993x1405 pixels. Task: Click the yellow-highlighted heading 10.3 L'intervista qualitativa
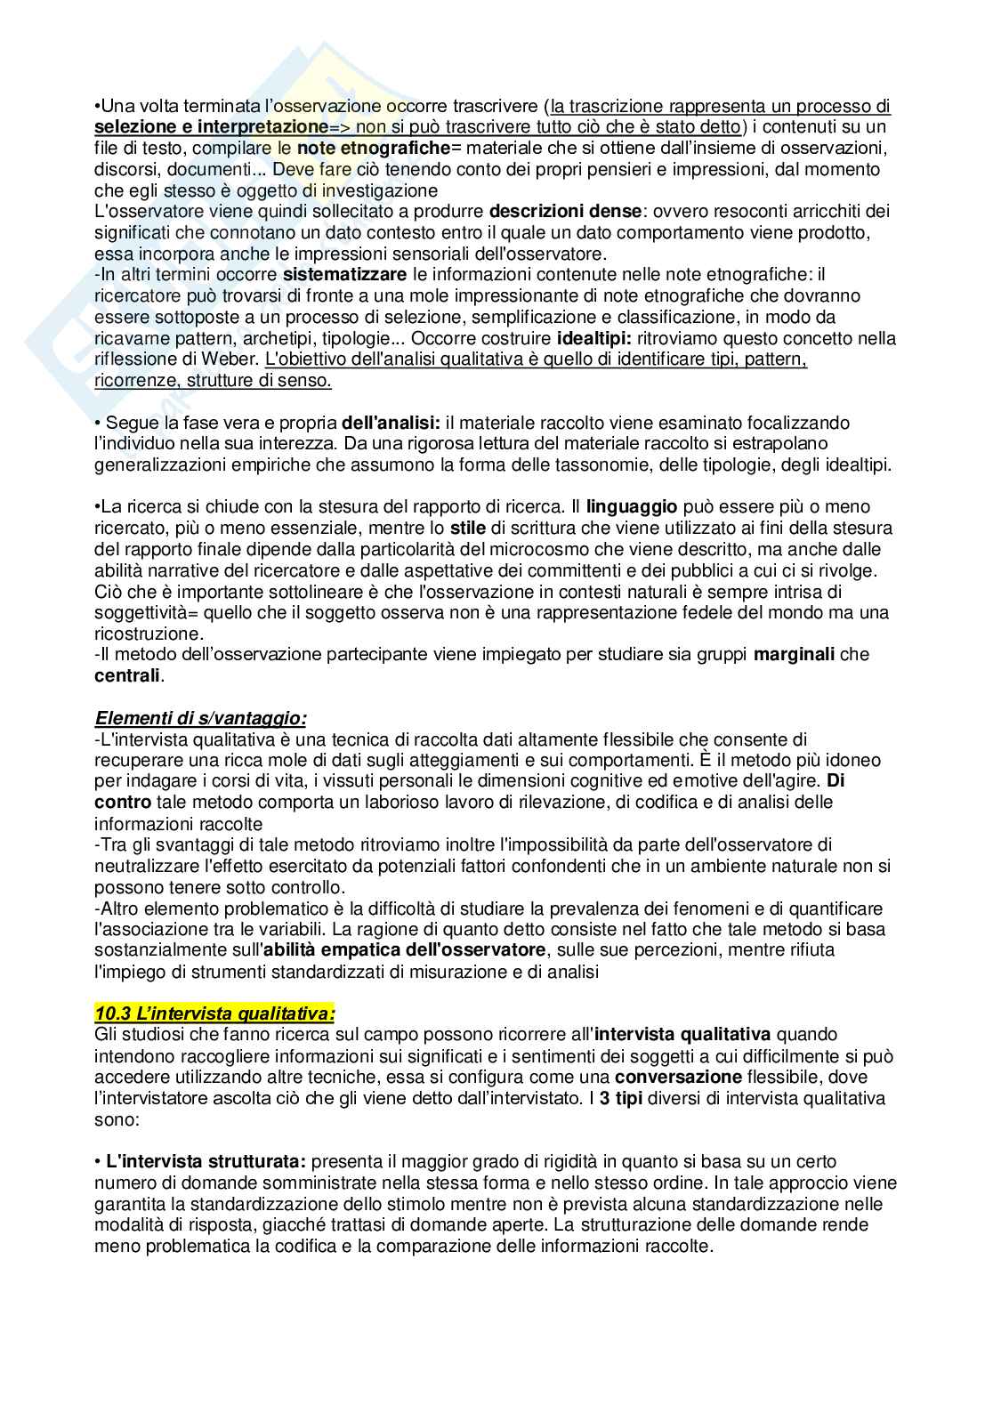pos(215,1013)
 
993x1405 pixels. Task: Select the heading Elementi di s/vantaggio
pos(200,718)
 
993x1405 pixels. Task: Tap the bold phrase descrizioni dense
pos(564,212)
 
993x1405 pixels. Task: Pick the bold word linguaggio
pos(631,507)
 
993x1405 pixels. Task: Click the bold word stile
pos(468,529)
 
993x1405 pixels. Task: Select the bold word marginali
pos(794,655)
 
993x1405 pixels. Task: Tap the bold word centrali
pos(127,676)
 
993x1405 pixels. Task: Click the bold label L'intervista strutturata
pos(206,1161)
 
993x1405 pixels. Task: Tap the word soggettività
pos(144,613)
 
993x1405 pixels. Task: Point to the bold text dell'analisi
pos(392,423)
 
